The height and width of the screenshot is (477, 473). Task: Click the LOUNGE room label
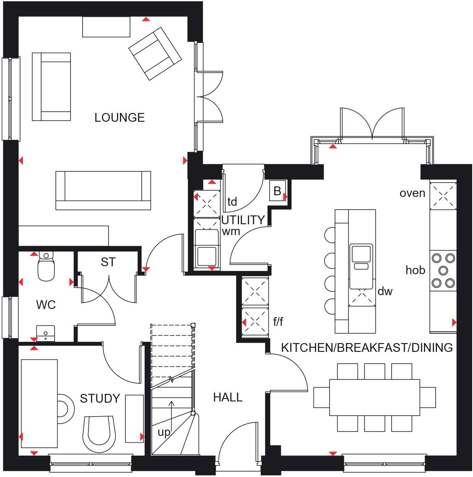(x=120, y=118)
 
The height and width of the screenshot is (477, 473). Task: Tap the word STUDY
(x=100, y=398)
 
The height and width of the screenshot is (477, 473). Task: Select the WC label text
(x=46, y=305)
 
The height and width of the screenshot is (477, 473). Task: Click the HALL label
(x=228, y=397)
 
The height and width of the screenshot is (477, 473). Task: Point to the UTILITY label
(x=243, y=220)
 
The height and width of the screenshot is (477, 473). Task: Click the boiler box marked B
(x=277, y=191)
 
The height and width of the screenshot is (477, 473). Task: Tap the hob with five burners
(x=443, y=270)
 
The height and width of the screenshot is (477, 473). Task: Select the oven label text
(x=412, y=193)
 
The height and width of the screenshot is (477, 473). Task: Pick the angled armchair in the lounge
(x=155, y=53)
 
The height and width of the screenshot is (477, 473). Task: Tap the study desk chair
(x=99, y=432)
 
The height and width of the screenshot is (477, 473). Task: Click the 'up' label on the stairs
(x=164, y=432)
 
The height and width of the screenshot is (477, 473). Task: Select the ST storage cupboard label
(x=108, y=262)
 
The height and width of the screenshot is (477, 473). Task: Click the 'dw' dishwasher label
(x=385, y=291)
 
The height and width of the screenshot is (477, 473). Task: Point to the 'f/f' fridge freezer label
(x=278, y=322)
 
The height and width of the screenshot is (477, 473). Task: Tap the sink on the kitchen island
(x=361, y=257)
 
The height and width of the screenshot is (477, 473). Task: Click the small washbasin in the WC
(x=45, y=332)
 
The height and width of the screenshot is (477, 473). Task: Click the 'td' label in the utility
(x=232, y=202)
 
